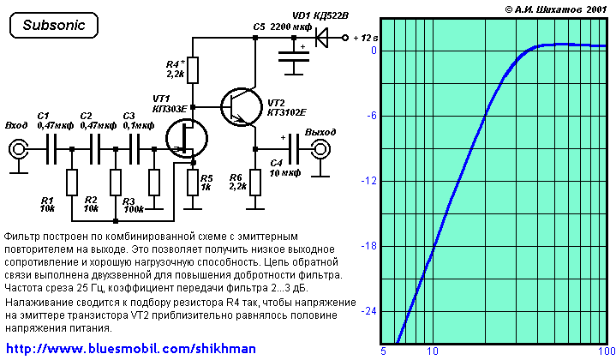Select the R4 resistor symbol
click(x=193, y=69)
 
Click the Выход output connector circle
click(x=320, y=151)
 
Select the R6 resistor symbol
click(x=255, y=181)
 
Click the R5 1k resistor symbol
click(x=193, y=181)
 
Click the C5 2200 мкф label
click(x=282, y=27)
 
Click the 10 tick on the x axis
click(x=433, y=351)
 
